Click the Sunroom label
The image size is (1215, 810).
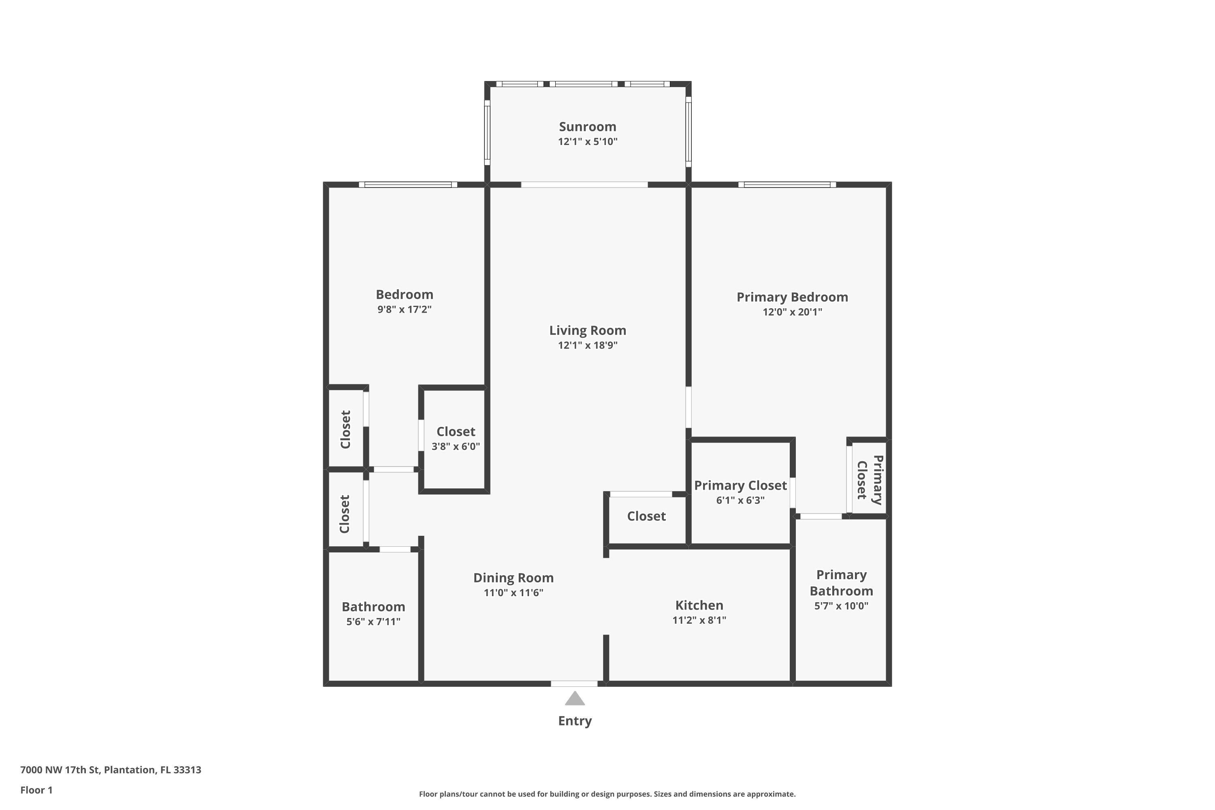[587, 126]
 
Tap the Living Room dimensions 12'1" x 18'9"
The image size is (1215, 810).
[587, 345]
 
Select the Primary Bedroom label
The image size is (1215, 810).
[792, 297]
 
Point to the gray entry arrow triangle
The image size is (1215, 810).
[574, 699]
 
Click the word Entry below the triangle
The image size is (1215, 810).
[574, 720]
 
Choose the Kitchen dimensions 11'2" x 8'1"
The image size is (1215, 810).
[699, 620]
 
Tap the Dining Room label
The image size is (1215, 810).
[513, 578]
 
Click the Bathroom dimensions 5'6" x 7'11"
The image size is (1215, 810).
[373, 621]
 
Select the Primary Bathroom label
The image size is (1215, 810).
[841, 583]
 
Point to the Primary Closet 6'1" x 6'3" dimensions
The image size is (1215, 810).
[740, 500]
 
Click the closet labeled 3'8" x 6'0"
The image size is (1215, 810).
[455, 439]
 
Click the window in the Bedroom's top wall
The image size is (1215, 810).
[407, 184]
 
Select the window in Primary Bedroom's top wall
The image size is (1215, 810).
[787, 184]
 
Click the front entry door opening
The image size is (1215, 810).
[574, 684]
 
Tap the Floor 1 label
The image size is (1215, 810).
[36, 790]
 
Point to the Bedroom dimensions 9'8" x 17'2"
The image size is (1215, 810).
[404, 309]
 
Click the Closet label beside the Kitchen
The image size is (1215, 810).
[646, 516]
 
